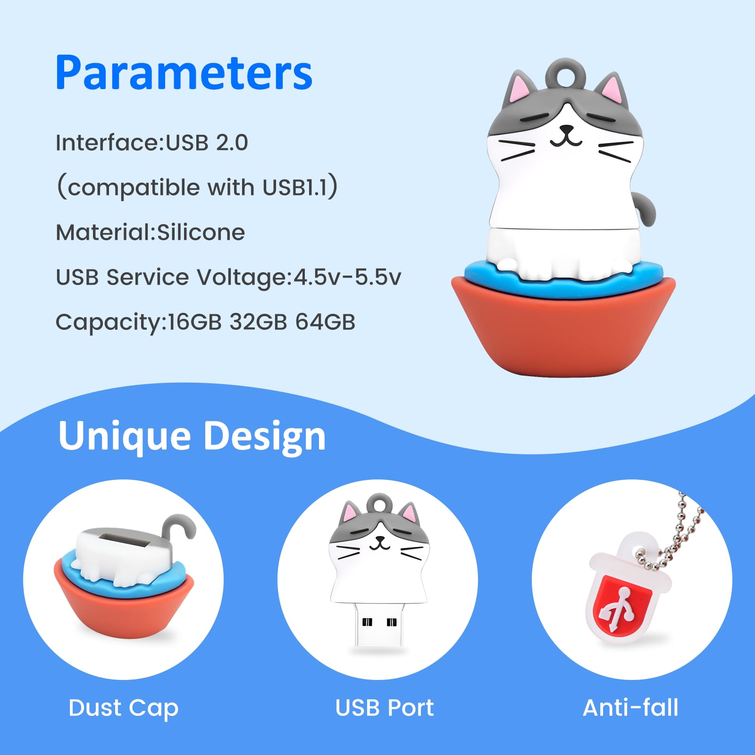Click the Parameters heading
click(184, 73)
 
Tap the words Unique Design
click(192, 436)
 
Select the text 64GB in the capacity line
click(325, 322)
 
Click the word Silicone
click(201, 232)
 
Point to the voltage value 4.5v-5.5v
click(347, 277)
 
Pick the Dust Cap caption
click(123, 708)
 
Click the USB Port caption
click(384, 708)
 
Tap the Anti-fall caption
click(630, 708)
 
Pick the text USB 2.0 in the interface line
click(207, 143)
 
